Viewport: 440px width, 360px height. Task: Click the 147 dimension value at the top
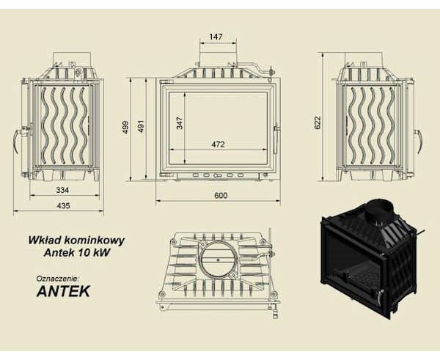(216, 37)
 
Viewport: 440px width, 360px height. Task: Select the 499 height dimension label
(125, 127)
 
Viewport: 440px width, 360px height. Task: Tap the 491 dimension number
(141, 127)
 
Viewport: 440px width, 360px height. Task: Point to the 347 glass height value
(180, 123)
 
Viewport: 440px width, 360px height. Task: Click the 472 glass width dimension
(218, 144)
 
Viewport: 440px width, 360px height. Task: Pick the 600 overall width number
(221, 195)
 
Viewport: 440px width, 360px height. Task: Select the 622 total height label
(318, 122)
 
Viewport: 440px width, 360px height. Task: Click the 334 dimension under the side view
(62, 190)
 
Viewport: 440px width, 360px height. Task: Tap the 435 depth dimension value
(63, 205)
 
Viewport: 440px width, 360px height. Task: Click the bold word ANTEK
(63, 291)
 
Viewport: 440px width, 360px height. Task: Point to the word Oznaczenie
(59, 279)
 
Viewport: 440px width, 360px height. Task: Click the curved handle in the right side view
(419, 142)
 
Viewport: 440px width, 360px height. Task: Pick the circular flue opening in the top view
(218, 258)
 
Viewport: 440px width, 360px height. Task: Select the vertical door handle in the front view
(276, 139)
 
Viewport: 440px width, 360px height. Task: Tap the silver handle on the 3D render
(379, 295)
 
